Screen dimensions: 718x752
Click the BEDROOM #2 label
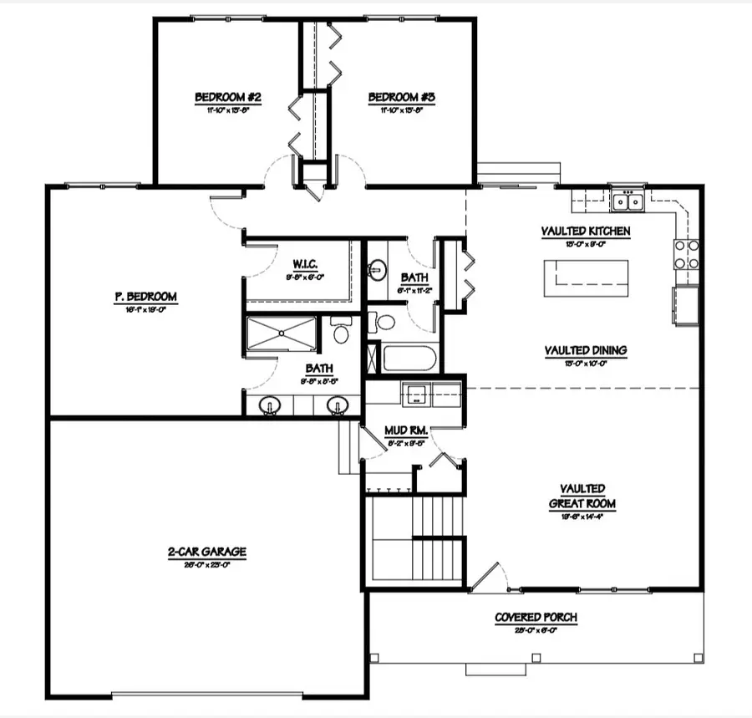(x=228, y=98)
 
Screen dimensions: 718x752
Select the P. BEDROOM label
(x=146, y=296)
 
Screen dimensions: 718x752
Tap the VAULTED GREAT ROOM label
(x=583, y=496)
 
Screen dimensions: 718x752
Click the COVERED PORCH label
(x=536, y=618)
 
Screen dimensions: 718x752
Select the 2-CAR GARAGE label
(x=206, y=552)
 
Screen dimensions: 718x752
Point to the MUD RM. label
(x=406, y=431)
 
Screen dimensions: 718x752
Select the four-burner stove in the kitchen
(x=686, y=254)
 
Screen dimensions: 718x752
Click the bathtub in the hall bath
(x=407, y=359)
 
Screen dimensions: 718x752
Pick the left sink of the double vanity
(x=270, y=406)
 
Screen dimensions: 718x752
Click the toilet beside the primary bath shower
(x=340, y=332)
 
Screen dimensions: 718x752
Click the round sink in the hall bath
(x=378, y=268)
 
